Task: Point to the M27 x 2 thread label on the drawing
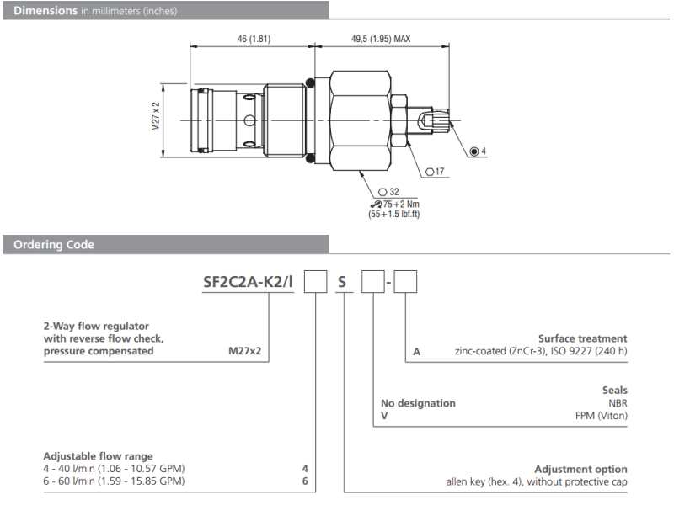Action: pos(156,118)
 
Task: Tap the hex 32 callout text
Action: pos(389,192)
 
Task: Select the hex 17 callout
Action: pos(436,172)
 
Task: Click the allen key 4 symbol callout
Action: pos(479,151)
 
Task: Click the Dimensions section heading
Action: pos(51,10)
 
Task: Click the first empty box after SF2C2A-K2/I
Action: pos(315,281)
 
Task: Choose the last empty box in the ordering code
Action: pos(406,281)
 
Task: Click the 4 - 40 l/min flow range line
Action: pos(114,468)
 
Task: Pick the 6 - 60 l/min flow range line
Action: pos(114,481)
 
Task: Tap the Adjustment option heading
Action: pos(580,469)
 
